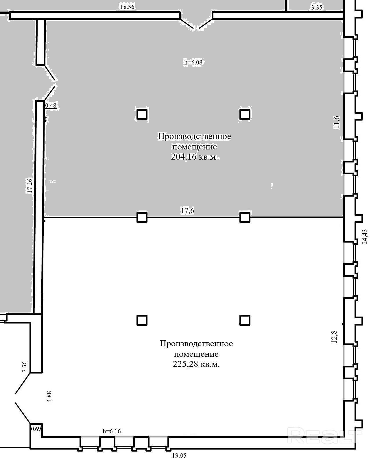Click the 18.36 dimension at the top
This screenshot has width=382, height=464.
(x=127, y=7)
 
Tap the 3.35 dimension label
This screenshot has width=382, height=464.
(x=316, y=8)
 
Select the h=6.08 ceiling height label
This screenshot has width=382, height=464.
(x=193, y=62)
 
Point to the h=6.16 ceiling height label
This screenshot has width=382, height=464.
(x=112, y=431)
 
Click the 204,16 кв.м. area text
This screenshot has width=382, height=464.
(x=195, y=157)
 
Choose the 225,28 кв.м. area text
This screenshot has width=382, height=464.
(x=196, y=364)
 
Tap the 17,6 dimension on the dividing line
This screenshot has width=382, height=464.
(x=187, y=211)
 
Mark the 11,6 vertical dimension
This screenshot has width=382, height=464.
(x=337, y=122)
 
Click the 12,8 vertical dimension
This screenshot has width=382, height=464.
(x=334, y=337)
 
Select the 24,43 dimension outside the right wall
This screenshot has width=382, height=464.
(x=365, y=237)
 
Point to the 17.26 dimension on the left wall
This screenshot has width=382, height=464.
(x=30, y=186)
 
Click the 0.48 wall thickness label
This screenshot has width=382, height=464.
(x=51, y=106)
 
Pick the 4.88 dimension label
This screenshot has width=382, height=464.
(x=49, y=397)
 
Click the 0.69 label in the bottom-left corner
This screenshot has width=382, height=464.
(x=36, y=429)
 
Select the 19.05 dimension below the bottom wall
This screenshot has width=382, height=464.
(x=179, y=455)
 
